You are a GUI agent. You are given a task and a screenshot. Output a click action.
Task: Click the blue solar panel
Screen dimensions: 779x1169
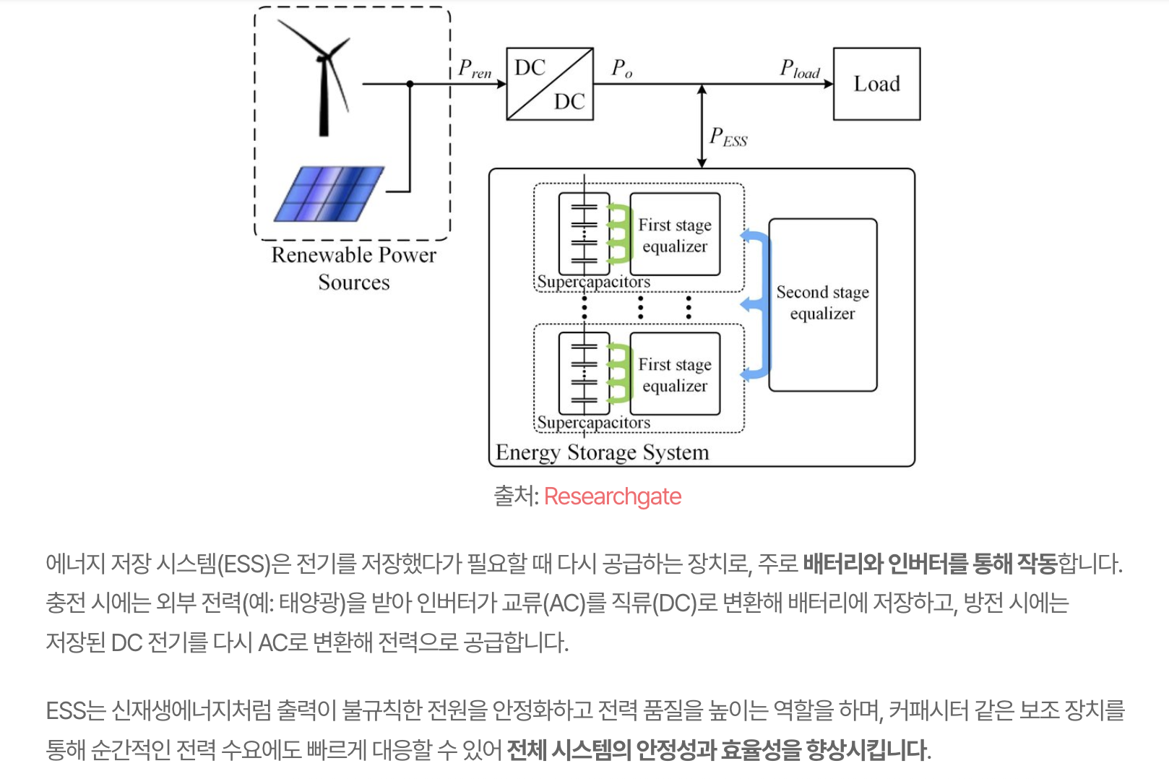point(329,194)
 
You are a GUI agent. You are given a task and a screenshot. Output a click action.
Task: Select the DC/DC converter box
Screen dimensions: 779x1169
point(550,84)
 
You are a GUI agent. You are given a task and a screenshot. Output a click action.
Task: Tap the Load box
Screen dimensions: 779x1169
point(876,84)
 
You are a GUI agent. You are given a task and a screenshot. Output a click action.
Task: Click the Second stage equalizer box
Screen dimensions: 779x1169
point(822,304)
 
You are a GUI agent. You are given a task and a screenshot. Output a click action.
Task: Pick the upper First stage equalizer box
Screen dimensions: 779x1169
point(675,235)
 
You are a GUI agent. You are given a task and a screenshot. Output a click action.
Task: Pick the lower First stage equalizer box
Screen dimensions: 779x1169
point(675,374)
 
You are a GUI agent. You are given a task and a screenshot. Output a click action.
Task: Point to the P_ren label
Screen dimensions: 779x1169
point(474,69)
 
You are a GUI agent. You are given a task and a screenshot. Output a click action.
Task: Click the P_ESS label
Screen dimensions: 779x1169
point(728,137)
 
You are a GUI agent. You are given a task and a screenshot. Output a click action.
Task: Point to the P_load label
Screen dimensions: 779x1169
point(799,69)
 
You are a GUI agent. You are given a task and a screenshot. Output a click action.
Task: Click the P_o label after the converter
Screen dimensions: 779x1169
point(621,69)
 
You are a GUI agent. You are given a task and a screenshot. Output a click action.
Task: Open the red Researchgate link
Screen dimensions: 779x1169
point(612,496)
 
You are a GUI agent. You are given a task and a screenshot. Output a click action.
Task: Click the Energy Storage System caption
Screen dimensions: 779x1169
point(602,452)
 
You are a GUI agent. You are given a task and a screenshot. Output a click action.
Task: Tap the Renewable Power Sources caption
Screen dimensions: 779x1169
point(353,268)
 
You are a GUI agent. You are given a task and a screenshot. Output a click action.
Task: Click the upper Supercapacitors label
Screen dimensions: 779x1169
point(593,282)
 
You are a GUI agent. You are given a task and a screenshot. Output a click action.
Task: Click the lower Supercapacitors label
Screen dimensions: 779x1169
point(593,422)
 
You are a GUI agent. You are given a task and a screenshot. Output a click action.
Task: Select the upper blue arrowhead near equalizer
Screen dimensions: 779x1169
point(749,236)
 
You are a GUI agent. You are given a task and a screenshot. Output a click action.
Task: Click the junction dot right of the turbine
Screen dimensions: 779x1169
point(410,84)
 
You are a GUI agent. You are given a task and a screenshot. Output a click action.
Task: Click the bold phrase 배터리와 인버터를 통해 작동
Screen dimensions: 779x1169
point(929,564)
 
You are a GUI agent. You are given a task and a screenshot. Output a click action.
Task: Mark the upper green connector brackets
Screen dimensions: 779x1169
point(618,233)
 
